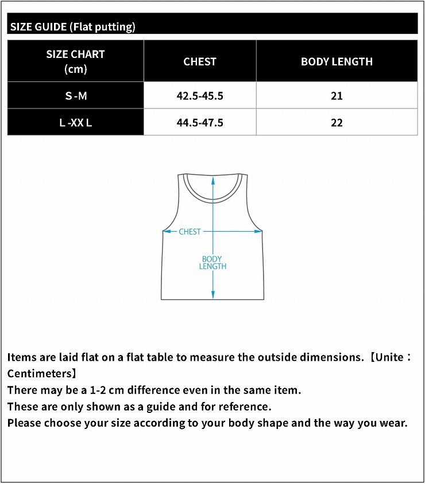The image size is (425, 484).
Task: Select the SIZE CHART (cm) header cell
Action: point(75,61)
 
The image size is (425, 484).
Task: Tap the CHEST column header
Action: point(200,61)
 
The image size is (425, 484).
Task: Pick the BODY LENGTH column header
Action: point(337,61)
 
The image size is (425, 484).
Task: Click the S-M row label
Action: point(76,96)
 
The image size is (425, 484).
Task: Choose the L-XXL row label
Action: point(76,123)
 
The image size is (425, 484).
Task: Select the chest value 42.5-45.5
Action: point(200,96)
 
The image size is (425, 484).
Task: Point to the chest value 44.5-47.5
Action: point(200,123)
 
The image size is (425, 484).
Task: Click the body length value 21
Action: point(337,96)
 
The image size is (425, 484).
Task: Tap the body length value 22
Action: point(337,123)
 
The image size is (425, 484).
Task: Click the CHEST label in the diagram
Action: point(190,232)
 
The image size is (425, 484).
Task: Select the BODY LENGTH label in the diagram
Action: point(212,263)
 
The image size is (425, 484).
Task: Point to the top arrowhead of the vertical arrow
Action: point(212,179)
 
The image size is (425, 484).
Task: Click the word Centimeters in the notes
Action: point(38,373)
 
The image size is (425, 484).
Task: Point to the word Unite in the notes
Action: point(393,357)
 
